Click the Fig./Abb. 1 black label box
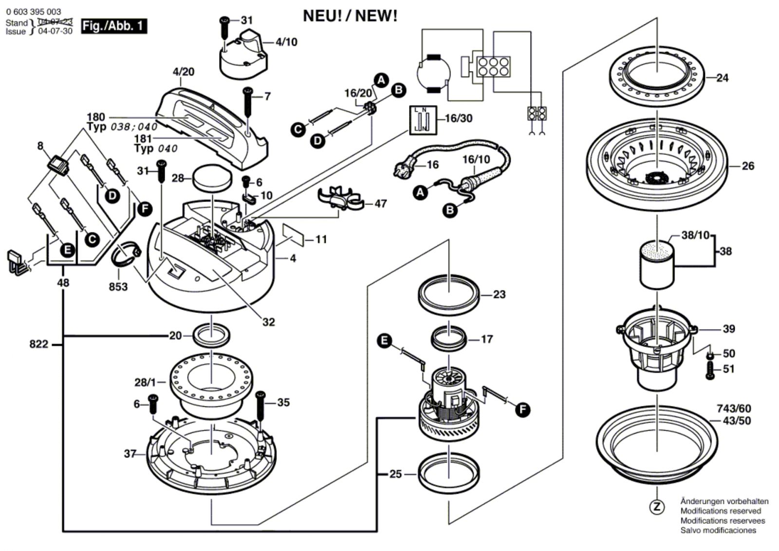114,26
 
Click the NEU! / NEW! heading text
350,16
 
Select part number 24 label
722,78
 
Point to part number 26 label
748,166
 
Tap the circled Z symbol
657,507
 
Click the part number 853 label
118,287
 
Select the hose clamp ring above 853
126,256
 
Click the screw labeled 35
260,405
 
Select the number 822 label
38,345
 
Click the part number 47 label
380,203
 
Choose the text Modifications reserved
720,511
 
